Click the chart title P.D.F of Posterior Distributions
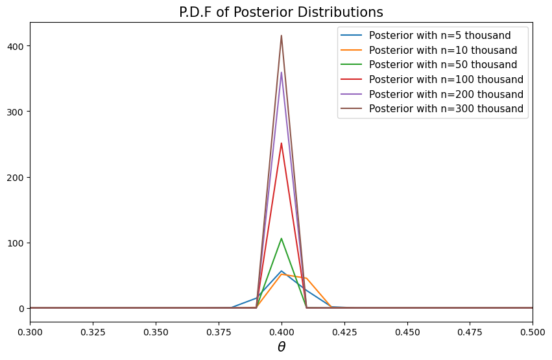coord(281,12)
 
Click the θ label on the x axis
coord(282,347)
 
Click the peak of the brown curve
coord(282,36)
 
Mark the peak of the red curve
coord(282,143)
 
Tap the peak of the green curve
coord(282,238)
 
